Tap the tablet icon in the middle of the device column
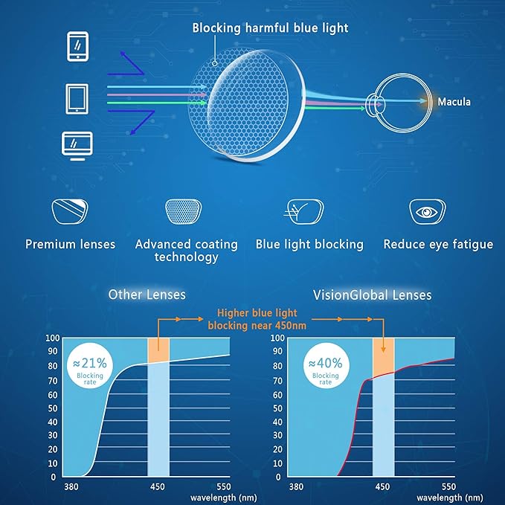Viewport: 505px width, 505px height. tap(77, 97)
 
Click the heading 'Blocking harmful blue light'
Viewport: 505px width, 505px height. tap(270, 28)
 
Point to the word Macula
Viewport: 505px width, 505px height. tap(454, 102)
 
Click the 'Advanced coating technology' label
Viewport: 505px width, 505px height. tap(187, 250)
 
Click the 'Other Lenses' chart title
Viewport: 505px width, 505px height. tap(147, 295)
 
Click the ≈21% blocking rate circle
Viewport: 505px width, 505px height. tap(90, 367)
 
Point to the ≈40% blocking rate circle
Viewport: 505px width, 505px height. tap(325, 367)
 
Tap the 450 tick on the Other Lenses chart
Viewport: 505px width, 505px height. tap(157, 488)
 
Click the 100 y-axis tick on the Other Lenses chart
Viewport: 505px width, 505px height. tap(52, 338)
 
